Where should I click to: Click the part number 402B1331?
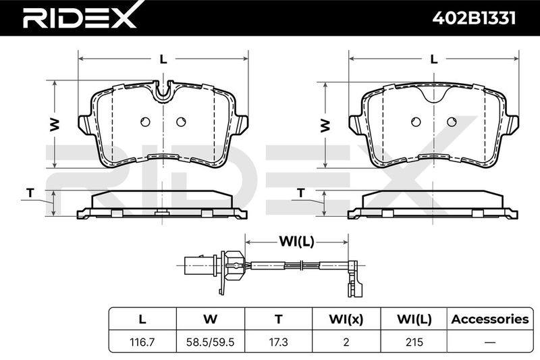[x=474, y=18]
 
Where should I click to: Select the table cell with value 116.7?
[x=142, y=342]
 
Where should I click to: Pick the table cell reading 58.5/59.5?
[x=210, y=342]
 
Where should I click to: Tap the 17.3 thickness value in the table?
[x=278, y=342]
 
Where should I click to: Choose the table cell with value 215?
[x=414, y=342]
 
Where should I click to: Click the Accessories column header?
[x=490, y=319]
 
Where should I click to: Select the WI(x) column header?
[x=346, y=319]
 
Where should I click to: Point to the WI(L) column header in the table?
[x=414, y=319]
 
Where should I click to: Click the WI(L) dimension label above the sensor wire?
[x=296, y=242]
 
